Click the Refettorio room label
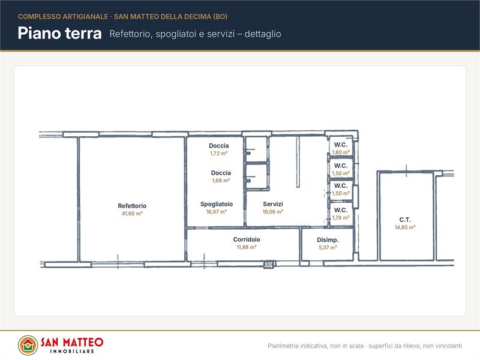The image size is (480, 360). [x=132, y=206]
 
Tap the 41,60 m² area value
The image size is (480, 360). [x=132, y=214]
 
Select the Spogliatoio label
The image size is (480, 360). [x=217, y=204]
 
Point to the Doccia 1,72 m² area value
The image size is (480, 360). [x=218, y=154]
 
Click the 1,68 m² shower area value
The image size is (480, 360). [x=221, y=181]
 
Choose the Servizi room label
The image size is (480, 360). [x=273, y=204]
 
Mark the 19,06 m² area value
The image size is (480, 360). [x=273, y=212]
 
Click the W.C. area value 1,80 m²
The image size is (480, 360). [x=341, y=152]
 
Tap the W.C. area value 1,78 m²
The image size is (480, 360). [x=341, y=218]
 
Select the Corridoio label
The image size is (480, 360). [x=247, y=239]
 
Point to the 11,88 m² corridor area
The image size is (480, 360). [x=247, y=247]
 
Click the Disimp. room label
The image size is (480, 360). [x=328, y=240]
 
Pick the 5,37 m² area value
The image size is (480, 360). [x=328, y=247]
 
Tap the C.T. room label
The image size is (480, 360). [x=404, y=220]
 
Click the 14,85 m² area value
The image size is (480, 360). [x=404, y=227]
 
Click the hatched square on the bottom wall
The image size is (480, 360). [x=268, y=264]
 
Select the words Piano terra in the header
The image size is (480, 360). [x=59, y=33]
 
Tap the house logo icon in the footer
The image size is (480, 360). [x=28, y=346]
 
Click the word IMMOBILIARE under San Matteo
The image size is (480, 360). [x=72, y=351]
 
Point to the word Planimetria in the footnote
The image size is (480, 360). [x=283, y=346]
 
